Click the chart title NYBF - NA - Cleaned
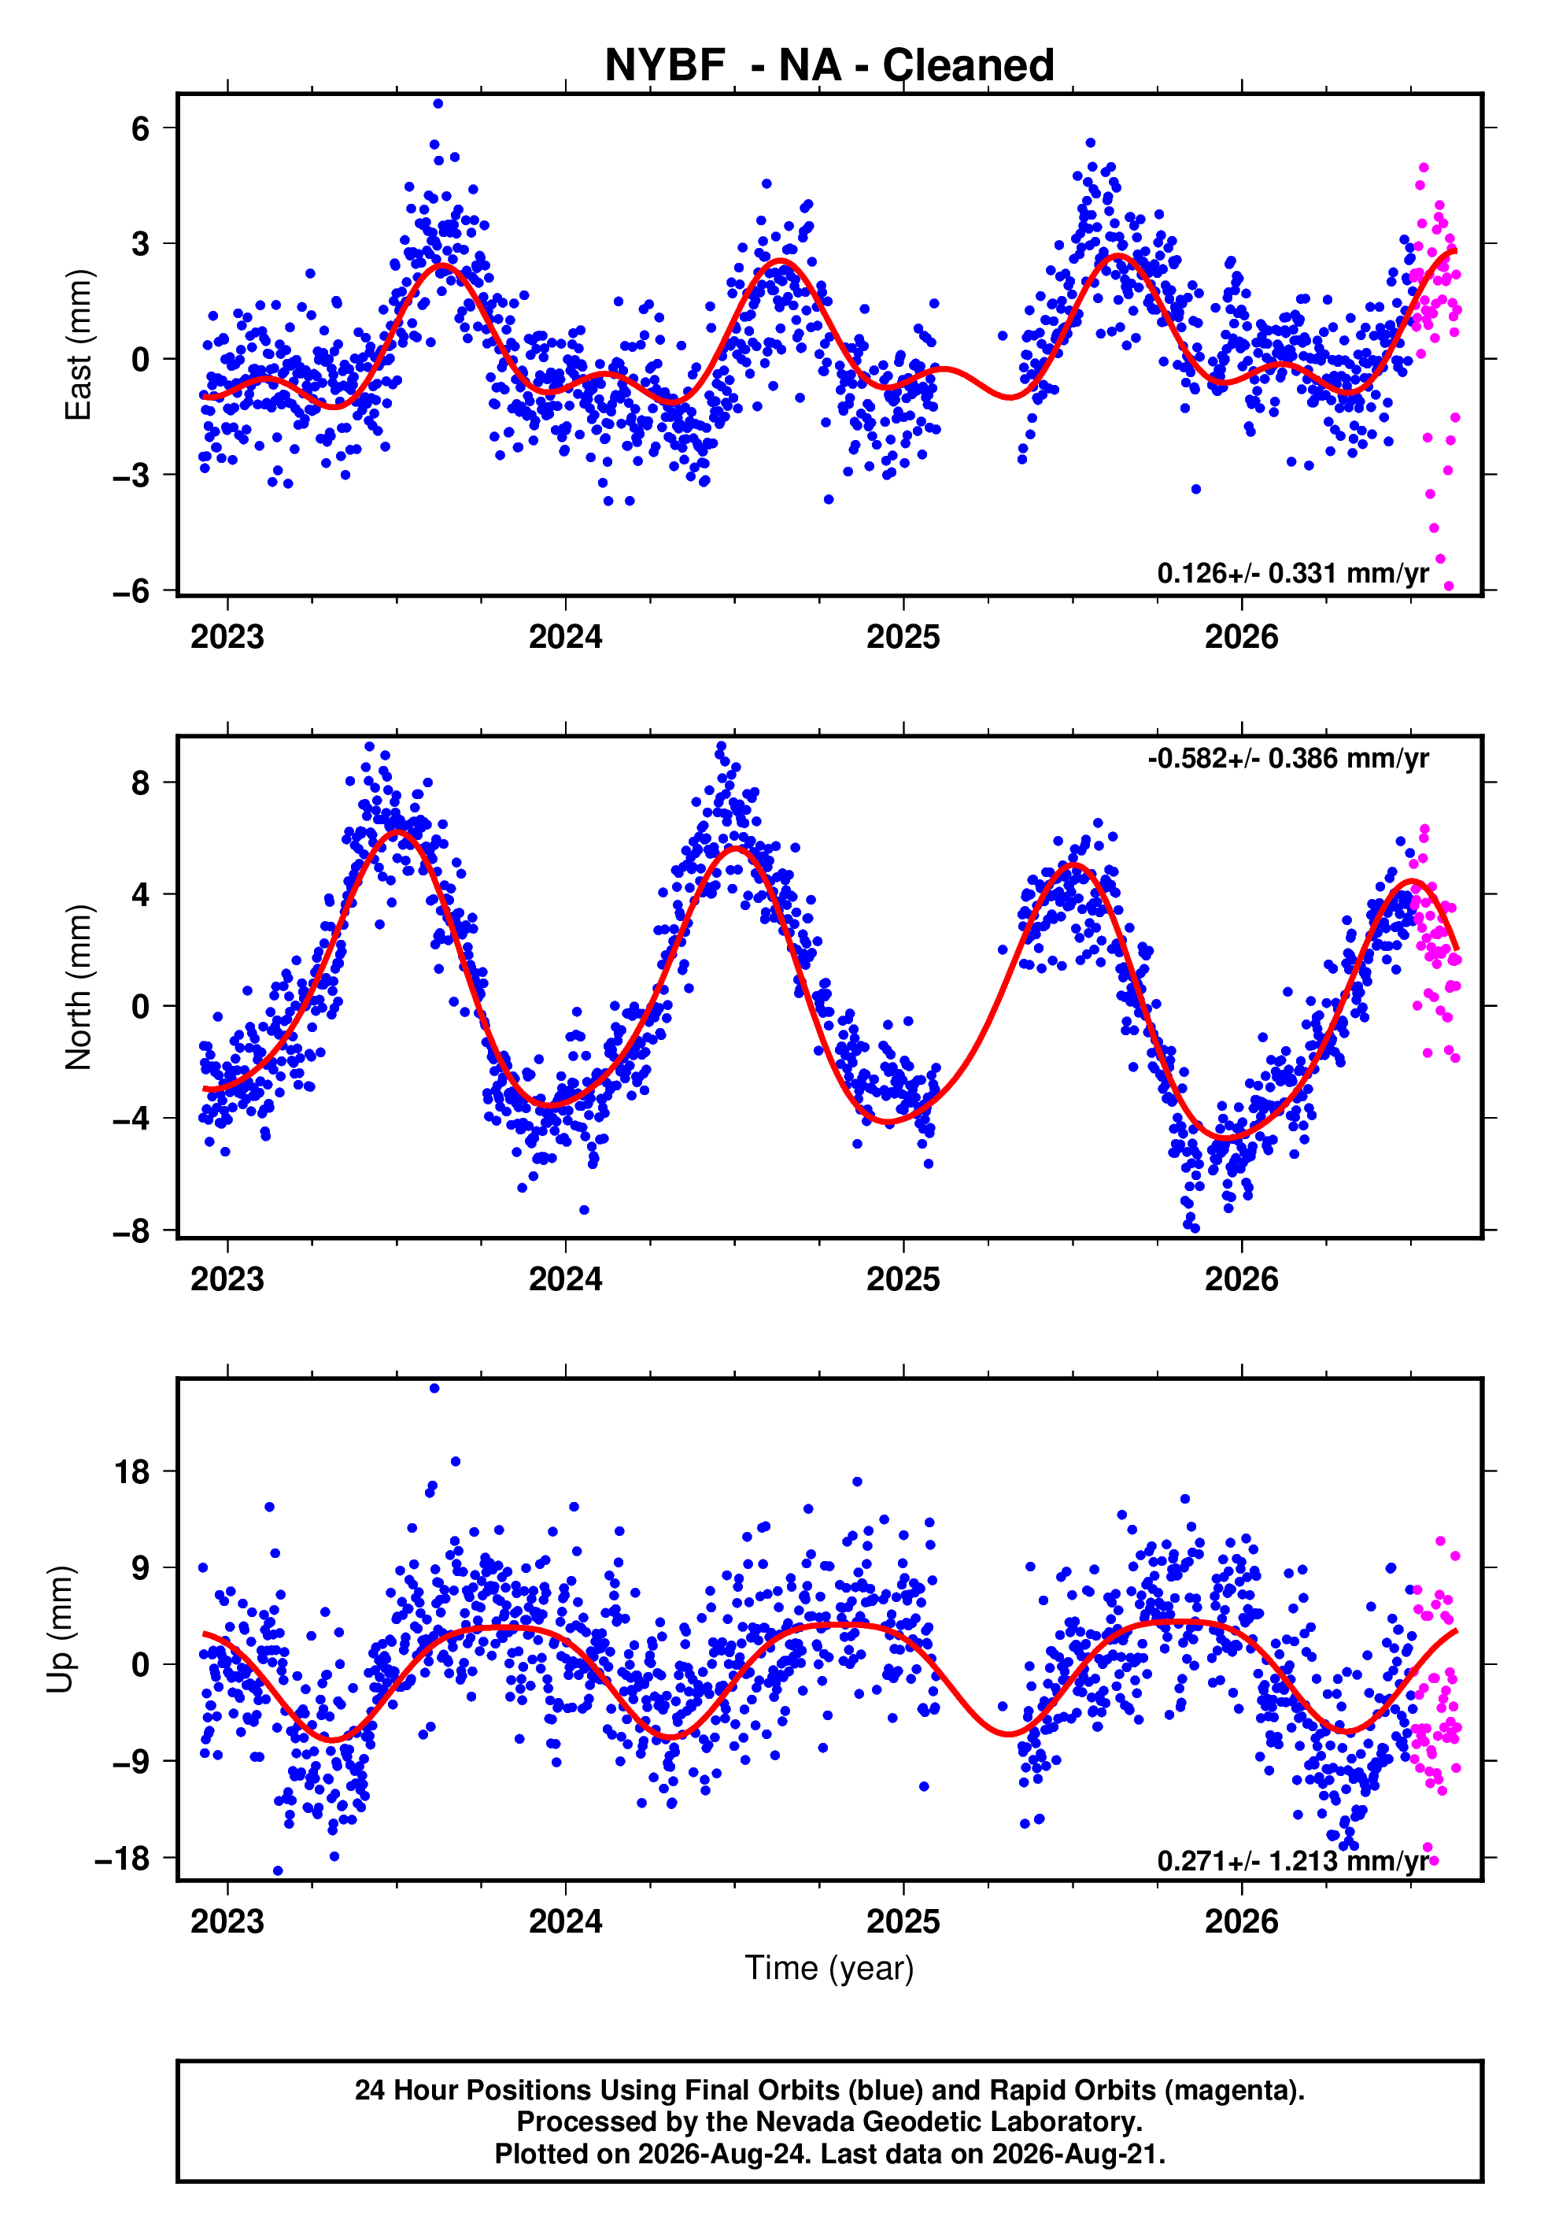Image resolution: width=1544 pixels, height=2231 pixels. (829, 65)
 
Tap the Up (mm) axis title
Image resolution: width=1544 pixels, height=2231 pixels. (60, 1630)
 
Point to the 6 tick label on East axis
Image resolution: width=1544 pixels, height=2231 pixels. (141, 128)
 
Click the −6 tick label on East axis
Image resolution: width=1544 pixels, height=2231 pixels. (131, 590)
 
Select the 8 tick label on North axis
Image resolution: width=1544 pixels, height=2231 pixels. (141, 782)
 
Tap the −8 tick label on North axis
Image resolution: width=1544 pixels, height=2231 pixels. (131, 1231)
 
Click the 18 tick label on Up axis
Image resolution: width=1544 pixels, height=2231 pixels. (132, 1471)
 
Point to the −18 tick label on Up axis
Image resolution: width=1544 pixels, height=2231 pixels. (123, 1859)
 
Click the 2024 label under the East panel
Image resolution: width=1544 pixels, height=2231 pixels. (565, 637)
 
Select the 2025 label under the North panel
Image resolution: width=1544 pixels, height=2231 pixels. (903, 1279)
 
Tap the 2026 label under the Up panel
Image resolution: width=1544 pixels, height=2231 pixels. (1241, 1922)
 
